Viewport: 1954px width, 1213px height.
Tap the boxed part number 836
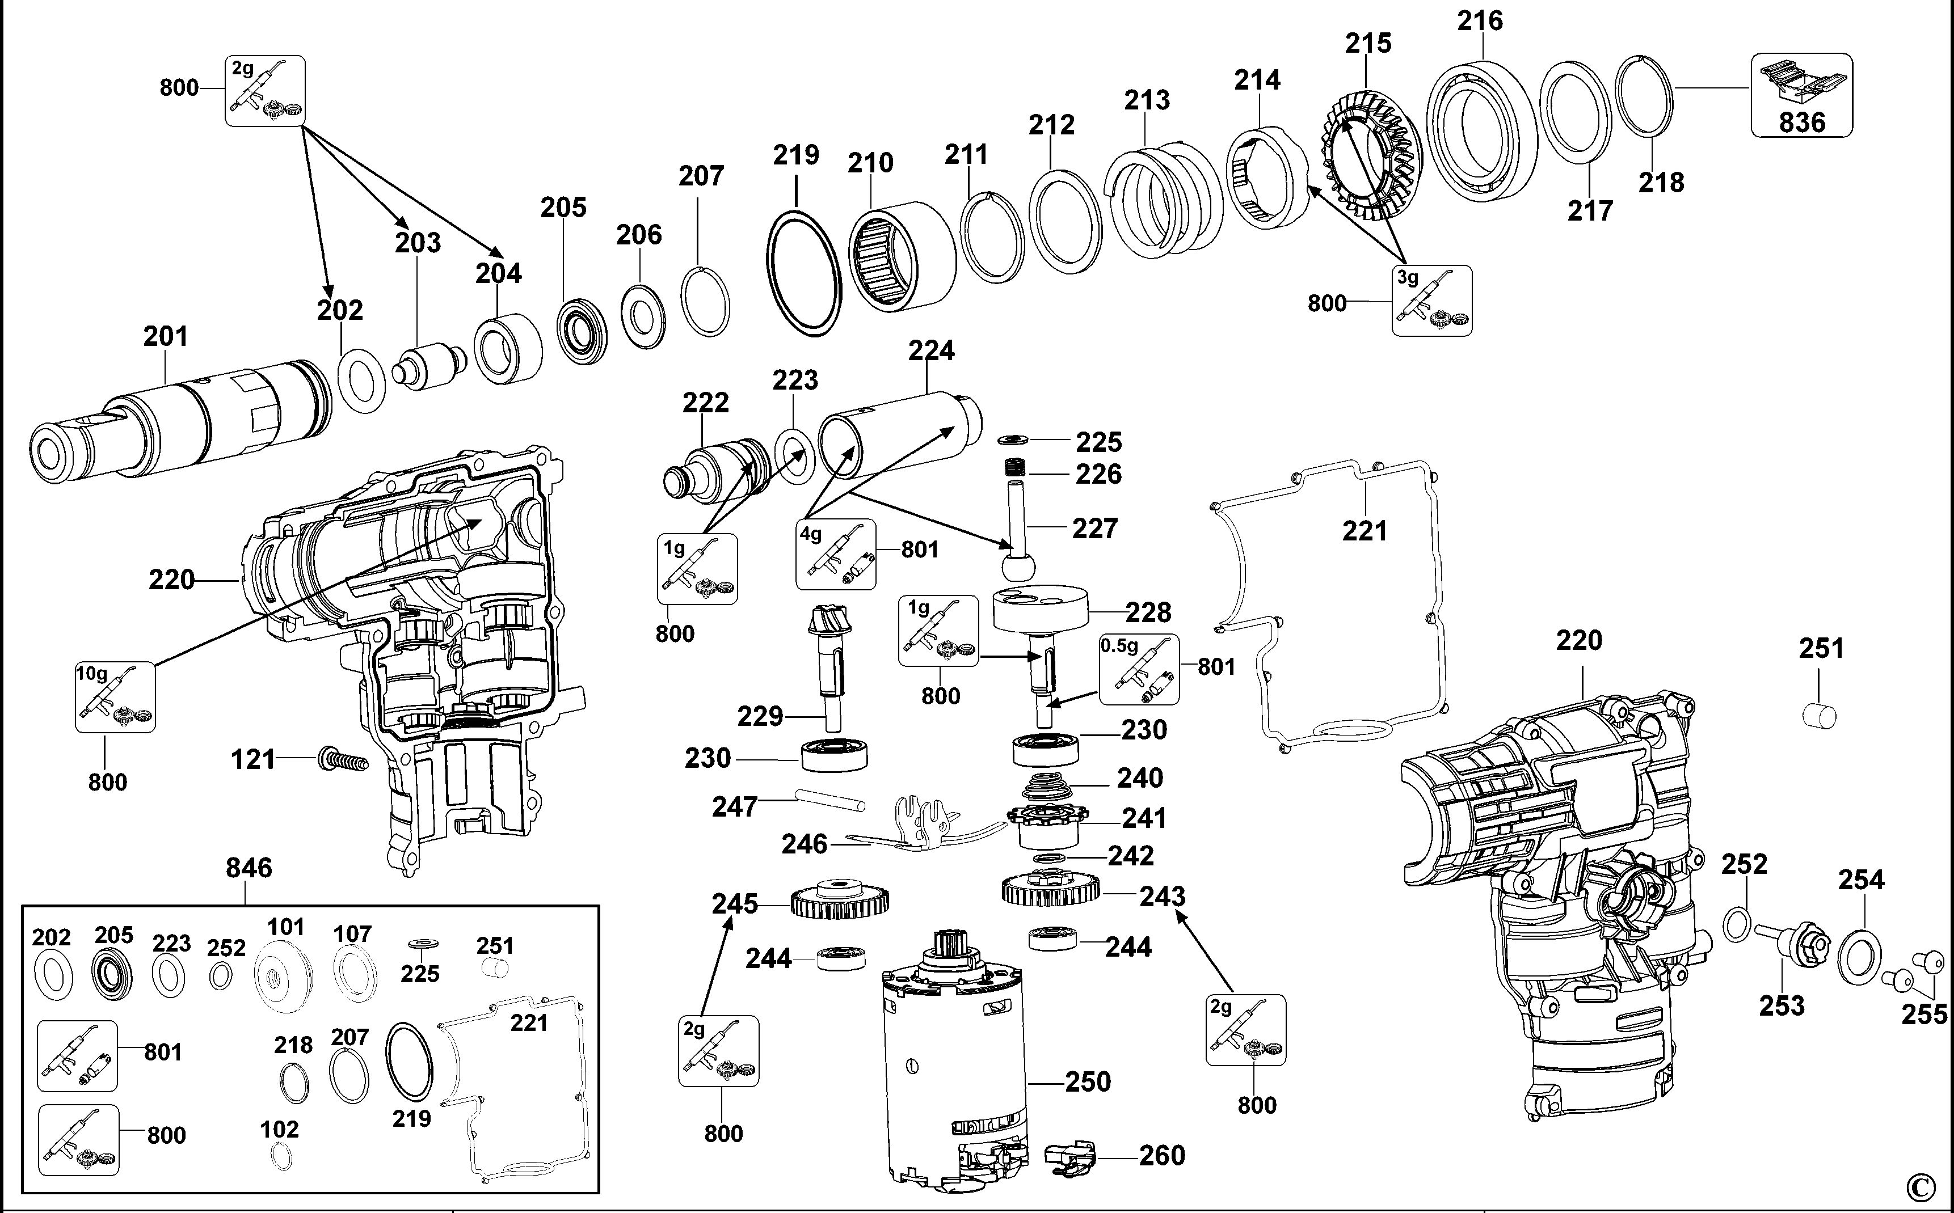pos(1801,122)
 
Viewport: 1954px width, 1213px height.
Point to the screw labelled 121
pos(343,758)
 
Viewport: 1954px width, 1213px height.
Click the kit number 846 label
pos(249,867)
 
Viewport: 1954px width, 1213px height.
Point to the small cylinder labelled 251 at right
pos(1818,715)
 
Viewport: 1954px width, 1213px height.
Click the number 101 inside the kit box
pos(286,927)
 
